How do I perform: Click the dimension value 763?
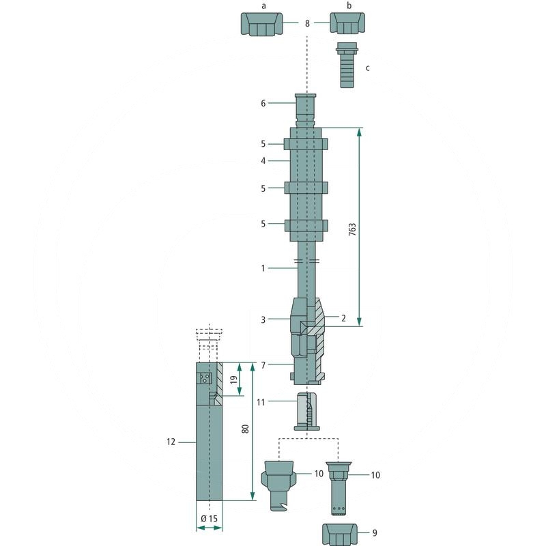point(352,230)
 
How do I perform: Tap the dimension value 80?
point(246,429)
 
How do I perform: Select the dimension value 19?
point(235,379)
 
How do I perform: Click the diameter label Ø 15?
point(209,519)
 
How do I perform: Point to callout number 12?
point(171,442)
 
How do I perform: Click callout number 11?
point(261,402)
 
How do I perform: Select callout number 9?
point(375,533)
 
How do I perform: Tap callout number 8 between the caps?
point(307,23)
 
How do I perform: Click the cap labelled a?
point(262,24)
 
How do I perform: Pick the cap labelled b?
point(347,23)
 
